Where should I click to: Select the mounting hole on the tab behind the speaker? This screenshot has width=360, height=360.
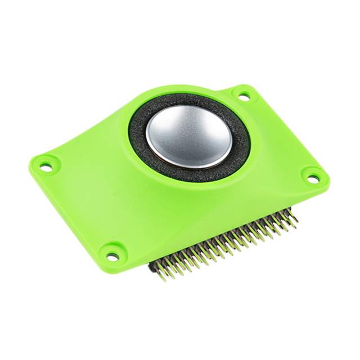click(244, 96)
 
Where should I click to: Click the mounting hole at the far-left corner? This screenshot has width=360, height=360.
click(46, 166)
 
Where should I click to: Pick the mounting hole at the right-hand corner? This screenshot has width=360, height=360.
click(313, 178)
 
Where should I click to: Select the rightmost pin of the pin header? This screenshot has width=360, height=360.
click(293, 216)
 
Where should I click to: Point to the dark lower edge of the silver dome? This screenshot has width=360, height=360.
click(194, 165)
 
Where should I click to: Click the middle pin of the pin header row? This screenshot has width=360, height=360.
click(225, 247)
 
